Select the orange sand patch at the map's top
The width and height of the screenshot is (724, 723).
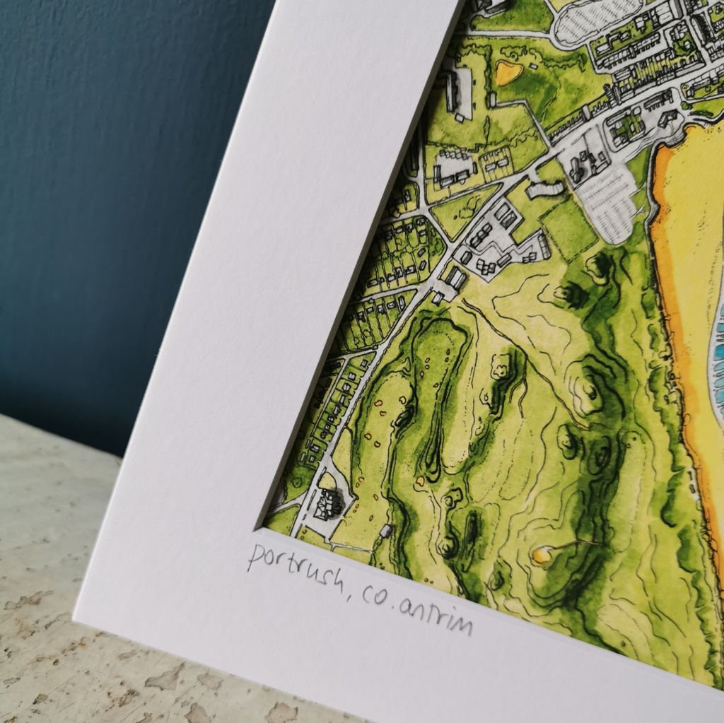click(508, 72)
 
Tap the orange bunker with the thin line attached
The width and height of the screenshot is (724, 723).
click(542, 555)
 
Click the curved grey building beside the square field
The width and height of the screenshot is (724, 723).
click(545, 188)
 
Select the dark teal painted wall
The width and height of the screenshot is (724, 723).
click(106, 177)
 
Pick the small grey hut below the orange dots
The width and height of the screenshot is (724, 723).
click(385, 531)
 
